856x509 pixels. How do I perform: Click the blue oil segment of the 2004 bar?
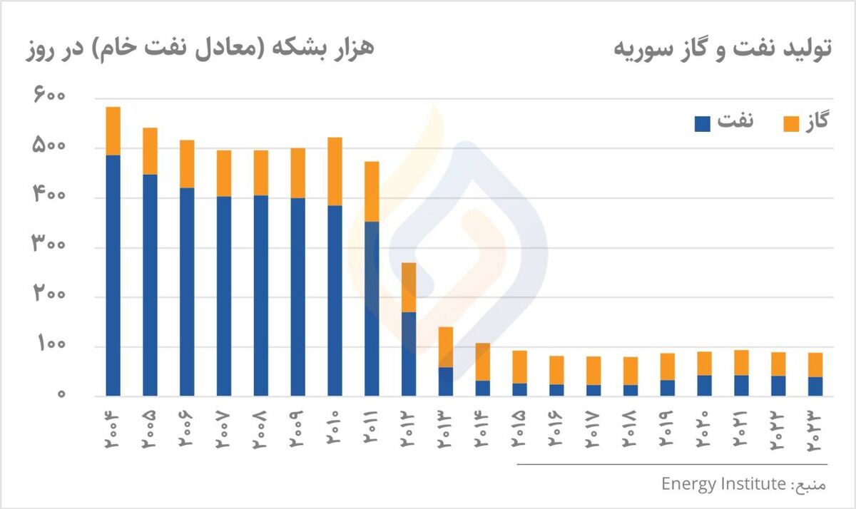tap(113, 274)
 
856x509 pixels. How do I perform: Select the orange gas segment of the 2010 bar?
tap(335, 171)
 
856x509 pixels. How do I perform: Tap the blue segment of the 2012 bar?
tap(409, 354)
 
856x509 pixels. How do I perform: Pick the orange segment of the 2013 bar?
tap(446, 346)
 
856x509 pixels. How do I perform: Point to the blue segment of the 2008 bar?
tap(261, 295)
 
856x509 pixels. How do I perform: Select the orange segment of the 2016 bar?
tap(556, 370)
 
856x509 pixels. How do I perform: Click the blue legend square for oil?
tap(703, 123)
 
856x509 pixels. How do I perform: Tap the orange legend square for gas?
tap(791, 123)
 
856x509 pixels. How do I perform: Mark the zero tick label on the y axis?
tap(62, 395)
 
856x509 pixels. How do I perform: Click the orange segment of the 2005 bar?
tap(150, 150)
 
